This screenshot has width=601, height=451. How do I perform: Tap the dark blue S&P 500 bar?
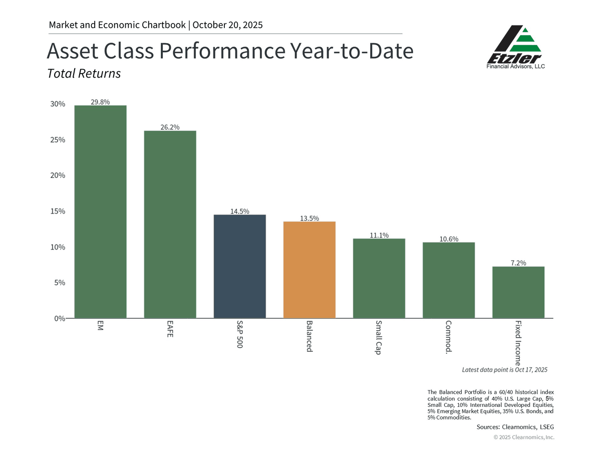pos(239,266)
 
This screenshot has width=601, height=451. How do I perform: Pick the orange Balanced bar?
pos(309,270)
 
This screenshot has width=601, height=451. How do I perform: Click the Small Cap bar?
pos(379,278)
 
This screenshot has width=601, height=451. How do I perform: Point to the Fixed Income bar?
pos(518,292)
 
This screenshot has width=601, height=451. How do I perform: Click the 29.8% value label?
pos(100,102)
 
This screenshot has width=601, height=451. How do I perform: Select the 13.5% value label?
pos(309,218)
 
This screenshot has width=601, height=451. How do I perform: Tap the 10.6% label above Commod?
pos(449,239)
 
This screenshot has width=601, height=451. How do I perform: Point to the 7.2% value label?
pos(518,263)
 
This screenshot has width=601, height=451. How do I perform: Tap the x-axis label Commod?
pos(449,337)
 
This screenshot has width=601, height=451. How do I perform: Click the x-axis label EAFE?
pos(170,329)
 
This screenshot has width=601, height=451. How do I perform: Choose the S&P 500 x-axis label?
pos(239,334)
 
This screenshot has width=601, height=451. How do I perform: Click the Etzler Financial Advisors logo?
pos(515,48)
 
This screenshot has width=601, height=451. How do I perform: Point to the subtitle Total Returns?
pos(84,74)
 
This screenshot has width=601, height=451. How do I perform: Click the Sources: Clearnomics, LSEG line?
pos(515,427)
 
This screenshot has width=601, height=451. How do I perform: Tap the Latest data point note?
pos(504,369)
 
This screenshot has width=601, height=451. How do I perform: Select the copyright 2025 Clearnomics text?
pos(524,437)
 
